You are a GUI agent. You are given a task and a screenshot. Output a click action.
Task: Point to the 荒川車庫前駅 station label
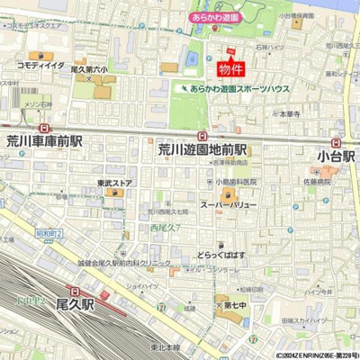click(44, 141)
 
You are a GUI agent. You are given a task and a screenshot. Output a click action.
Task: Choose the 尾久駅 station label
click(76, 304)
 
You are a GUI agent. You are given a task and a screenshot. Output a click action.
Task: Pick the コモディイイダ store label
click(40, 65)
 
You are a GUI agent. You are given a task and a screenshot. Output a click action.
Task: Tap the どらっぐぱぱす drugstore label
click(220, 255)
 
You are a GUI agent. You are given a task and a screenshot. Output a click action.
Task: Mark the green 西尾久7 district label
click(166, 227)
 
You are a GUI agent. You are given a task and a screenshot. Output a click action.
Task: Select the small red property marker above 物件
click(230, 51)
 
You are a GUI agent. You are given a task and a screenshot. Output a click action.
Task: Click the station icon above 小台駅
click(336, 141)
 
